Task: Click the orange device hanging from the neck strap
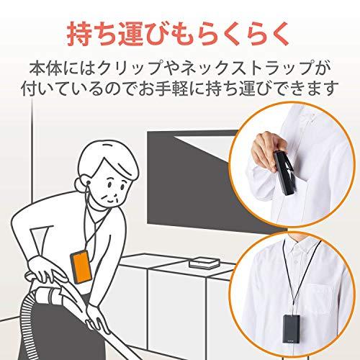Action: (81, 266)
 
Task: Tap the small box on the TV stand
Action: (204, 263)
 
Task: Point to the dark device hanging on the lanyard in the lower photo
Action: (292, 329)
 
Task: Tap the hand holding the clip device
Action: (267, 149)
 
